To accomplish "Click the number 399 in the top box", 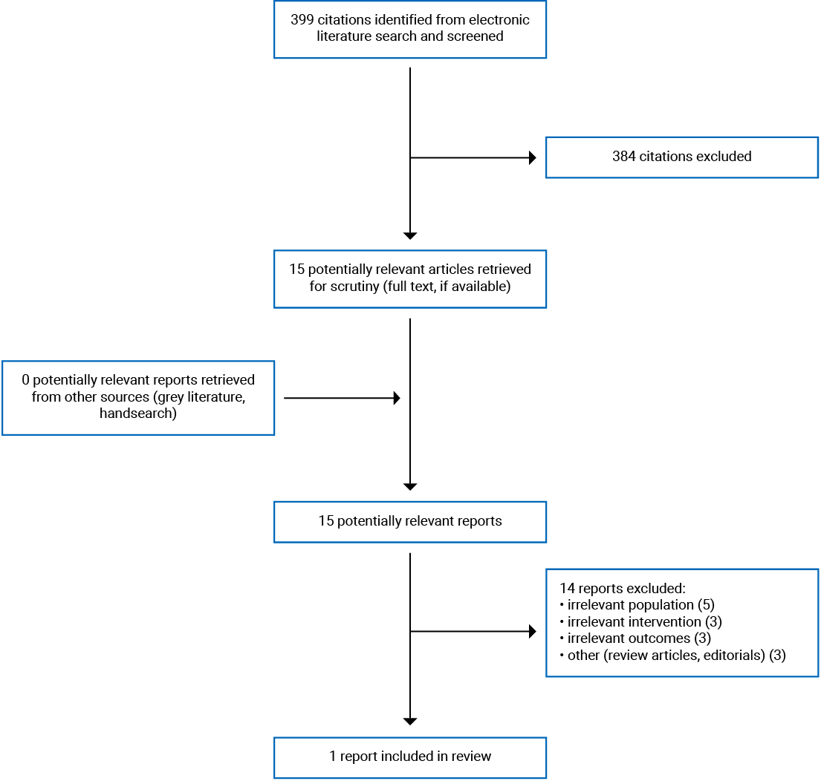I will click(302, 19).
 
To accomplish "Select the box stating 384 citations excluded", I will click(681, 157).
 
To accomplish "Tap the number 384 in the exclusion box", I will click(624, 157).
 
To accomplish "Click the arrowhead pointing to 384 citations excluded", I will click(532, 157).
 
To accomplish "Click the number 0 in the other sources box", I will click(26, 379).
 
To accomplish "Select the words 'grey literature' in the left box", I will click(201, 396).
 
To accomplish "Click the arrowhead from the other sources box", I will click(397, 399).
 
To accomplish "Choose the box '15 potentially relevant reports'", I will click(409, 521).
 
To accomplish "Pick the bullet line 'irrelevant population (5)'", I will click(637, 604).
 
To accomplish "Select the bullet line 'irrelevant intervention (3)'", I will click(640, 621).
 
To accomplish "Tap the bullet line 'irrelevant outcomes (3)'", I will click(635, 638).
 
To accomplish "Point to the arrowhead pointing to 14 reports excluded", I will click(532, 632).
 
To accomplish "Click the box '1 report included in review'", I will click(409, 757).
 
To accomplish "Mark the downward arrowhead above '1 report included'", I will click(410, 721).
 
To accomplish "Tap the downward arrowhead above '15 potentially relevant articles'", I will click(410, 236).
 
